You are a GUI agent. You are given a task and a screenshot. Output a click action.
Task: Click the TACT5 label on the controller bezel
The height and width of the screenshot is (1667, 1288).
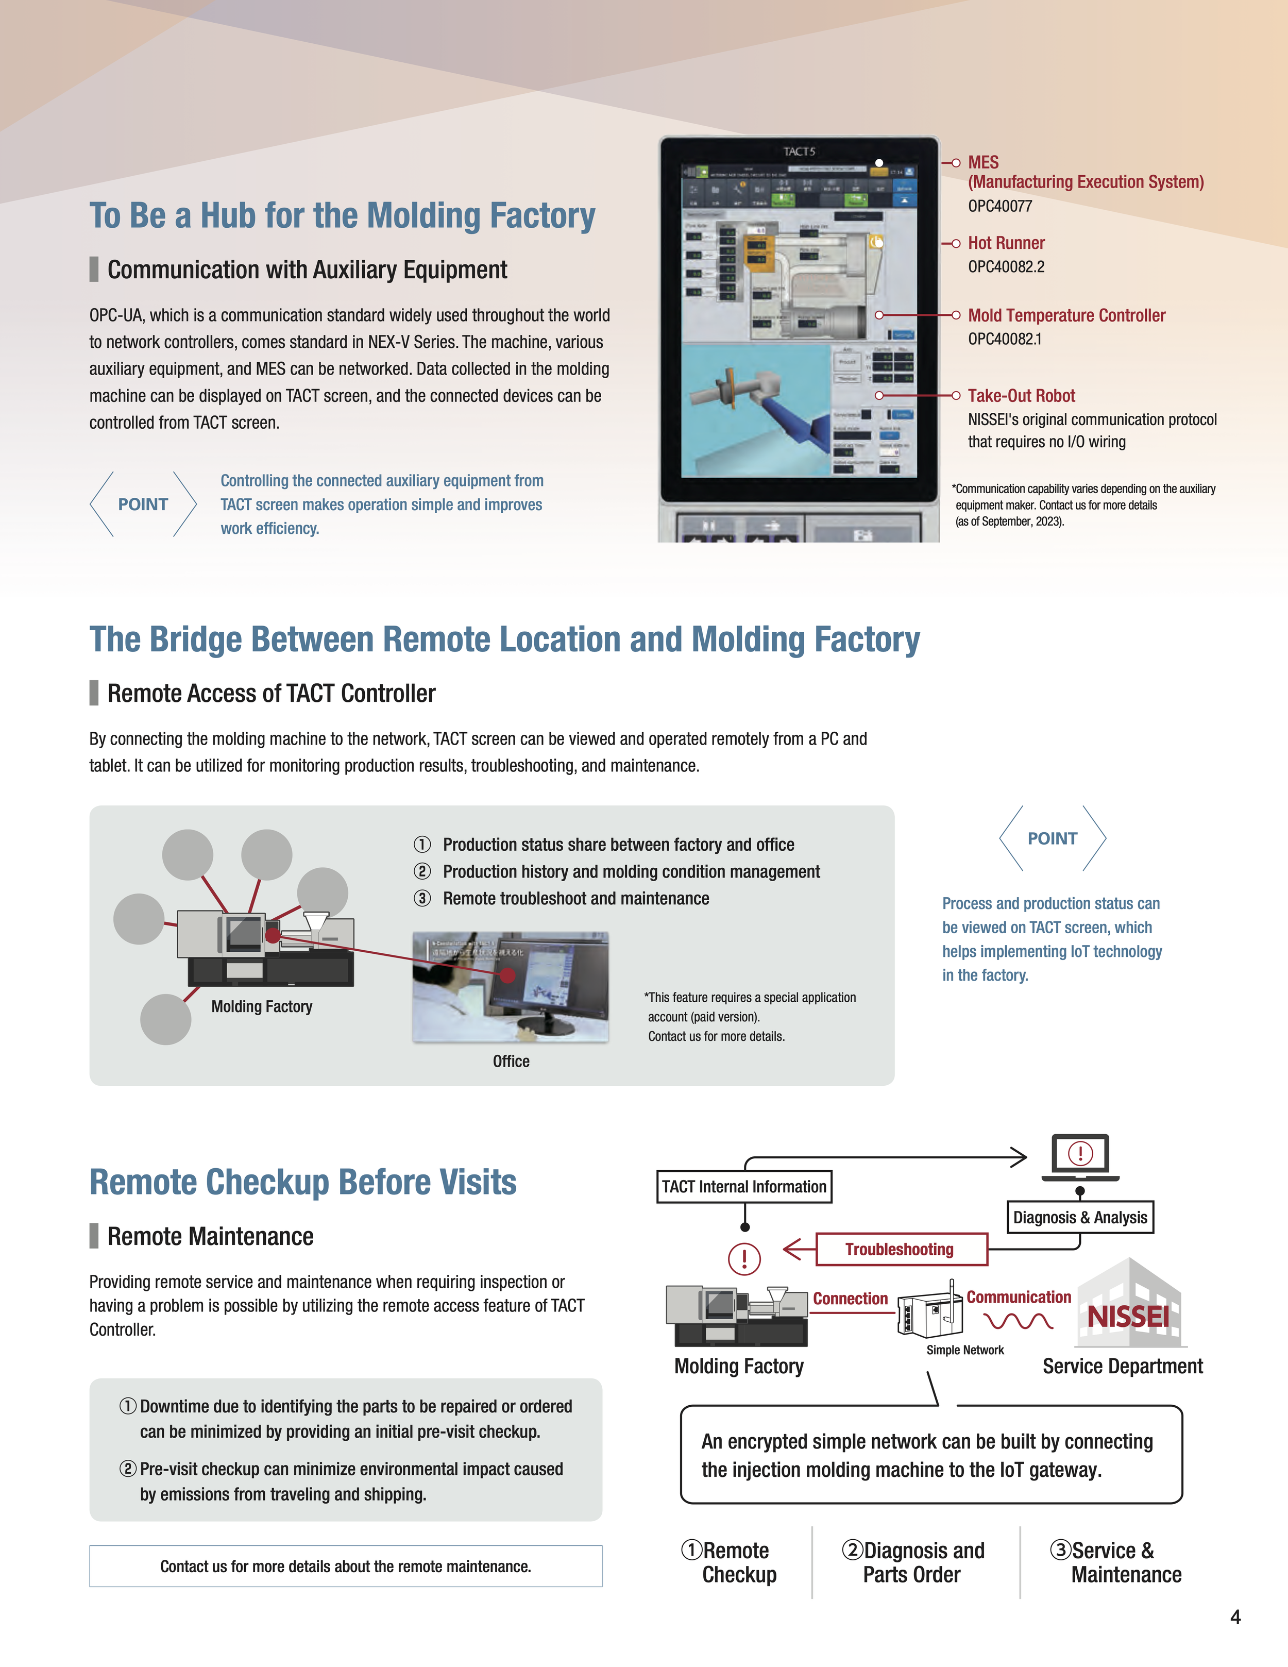tap(799, 151)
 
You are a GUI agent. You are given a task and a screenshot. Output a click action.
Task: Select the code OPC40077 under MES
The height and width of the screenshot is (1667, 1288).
tap(999, 206)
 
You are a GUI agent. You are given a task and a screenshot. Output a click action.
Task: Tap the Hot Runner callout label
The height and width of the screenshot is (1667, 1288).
tap(1006, 243)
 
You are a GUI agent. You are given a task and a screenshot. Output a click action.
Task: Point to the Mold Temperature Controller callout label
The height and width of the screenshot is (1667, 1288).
tap(1066, 315)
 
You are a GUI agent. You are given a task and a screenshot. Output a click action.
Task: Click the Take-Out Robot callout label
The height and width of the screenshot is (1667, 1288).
tap(1021, 395)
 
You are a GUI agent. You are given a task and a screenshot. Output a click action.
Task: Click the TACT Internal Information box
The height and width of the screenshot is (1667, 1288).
tap(744, 1187)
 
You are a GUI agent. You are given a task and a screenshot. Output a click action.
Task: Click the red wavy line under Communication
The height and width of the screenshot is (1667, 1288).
tap(1018, 1321)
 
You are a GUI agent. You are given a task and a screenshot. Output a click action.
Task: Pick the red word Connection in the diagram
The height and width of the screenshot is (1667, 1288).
tap(850, 1299)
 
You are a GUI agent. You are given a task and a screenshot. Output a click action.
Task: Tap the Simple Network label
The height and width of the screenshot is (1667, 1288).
tap(964, 1350)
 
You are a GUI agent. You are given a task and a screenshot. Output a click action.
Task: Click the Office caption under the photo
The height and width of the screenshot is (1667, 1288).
tap(511, 1062)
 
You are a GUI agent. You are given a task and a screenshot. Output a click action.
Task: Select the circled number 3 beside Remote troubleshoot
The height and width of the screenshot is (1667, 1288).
tap(422, 898)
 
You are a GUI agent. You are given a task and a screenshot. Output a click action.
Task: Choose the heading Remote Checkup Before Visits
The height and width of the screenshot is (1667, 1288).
tap(303, 1182)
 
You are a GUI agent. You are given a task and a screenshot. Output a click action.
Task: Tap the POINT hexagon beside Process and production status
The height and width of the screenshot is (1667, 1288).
tap(1052, 838)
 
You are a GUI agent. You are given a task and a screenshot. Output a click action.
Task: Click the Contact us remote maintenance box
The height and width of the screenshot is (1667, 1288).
tap(346, 1566)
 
